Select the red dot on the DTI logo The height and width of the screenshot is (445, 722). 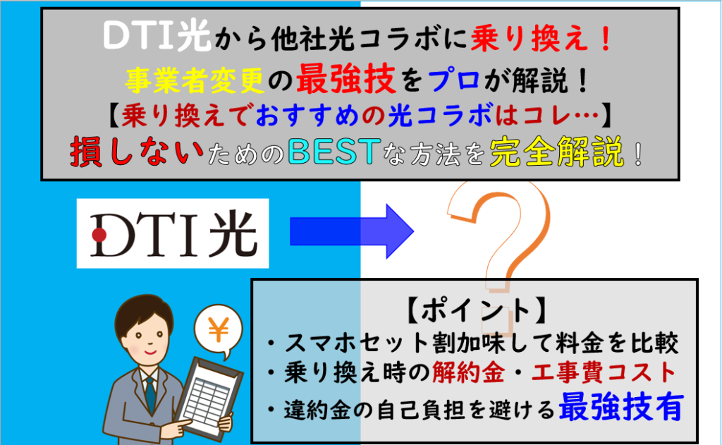coord(99,233)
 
